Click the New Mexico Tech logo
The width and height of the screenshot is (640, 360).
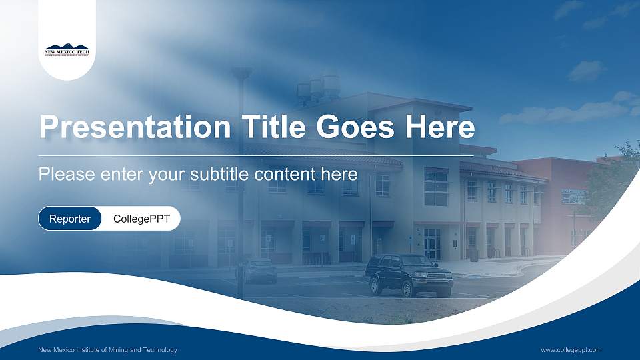(67, 51)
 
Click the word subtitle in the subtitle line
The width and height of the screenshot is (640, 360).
(221, 175)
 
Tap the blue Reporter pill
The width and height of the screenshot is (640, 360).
(70, 219)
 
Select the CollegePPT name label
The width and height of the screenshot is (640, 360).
(141, 219)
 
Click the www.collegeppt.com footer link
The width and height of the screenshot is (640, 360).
(571, 350)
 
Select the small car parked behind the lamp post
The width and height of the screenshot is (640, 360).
(259, 271)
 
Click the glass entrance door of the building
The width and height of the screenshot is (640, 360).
(432, 244)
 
